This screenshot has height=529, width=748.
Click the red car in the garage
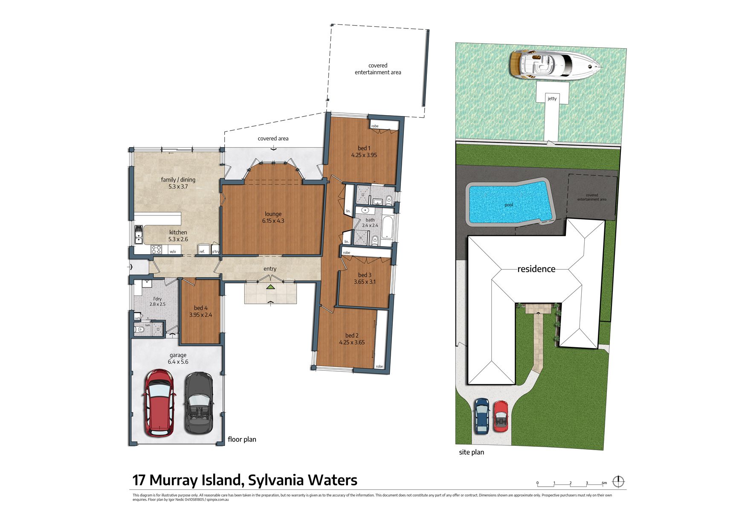(x=159, y=403)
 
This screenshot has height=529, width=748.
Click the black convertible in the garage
(x=198, y=403)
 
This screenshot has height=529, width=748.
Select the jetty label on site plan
(x=552, y=99)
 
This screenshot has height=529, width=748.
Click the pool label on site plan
(x=509, y=205)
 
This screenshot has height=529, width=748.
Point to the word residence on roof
(x=536, y=269)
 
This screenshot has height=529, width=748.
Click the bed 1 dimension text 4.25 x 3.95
(x=364, y=155)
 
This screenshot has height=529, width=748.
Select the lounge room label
(x=273, y=214)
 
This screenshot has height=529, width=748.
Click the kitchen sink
(x=139, y=235)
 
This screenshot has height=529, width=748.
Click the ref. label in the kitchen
(x=202, y=252)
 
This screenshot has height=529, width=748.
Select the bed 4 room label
(x=200, y=308)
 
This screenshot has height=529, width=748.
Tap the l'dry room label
(x=157, y=299)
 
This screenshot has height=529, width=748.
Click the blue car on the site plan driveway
(x=482, y=416)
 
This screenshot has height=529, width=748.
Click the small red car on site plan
(x=501, y=416)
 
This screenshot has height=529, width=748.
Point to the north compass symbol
(x=618, y=482)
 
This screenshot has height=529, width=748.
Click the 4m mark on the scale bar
(x=604, y=483)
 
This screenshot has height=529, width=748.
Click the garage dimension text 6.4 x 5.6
(x=178, y=362)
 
